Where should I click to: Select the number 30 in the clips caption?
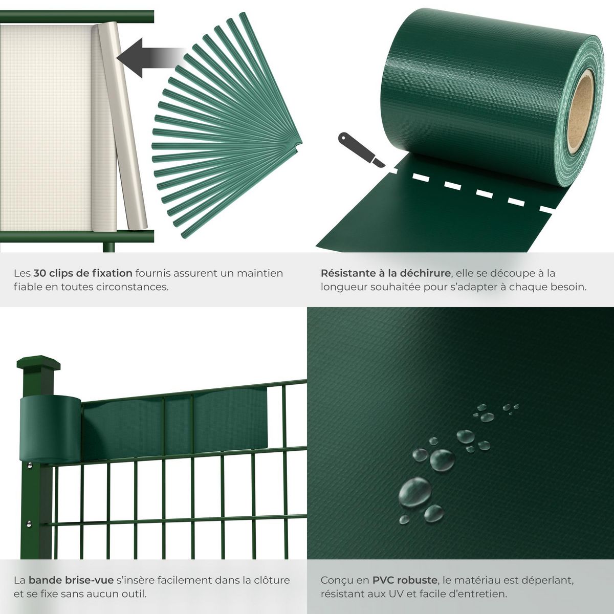pos(39,273)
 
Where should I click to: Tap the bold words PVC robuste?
pos(405,580)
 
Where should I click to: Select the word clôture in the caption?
pos(271,580)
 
